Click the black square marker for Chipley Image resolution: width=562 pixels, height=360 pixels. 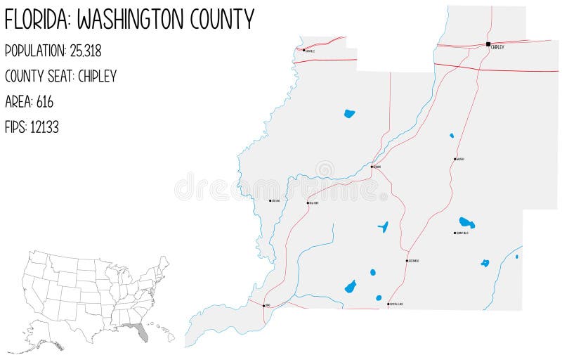tap(488, 44)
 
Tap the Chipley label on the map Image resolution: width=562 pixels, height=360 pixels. tap(497, 47)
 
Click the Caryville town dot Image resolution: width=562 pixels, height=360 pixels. tap(304, 50)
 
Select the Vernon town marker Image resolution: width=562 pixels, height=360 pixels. tap(372, 167)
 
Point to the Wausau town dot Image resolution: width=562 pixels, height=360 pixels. tap(455, 159)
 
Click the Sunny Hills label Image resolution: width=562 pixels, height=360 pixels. tap(462, 233)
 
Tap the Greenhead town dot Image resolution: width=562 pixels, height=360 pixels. tap(407, 261)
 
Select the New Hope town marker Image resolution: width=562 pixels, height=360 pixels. tap(308, 203)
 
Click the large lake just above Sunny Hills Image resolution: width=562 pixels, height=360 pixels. tap(466, 223)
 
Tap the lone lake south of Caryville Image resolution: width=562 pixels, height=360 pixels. tap(349, 113)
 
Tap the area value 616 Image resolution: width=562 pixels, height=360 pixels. tap(44, 101)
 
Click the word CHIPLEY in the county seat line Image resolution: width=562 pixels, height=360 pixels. tap(97, 76)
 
